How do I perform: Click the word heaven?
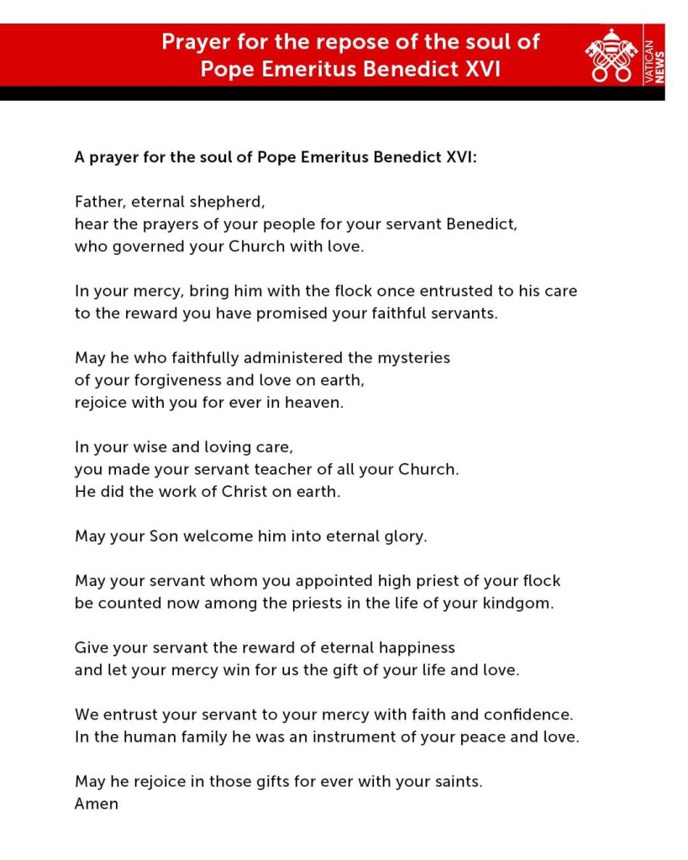[x=315, y=403]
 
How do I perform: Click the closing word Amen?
[x=97, y=804]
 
